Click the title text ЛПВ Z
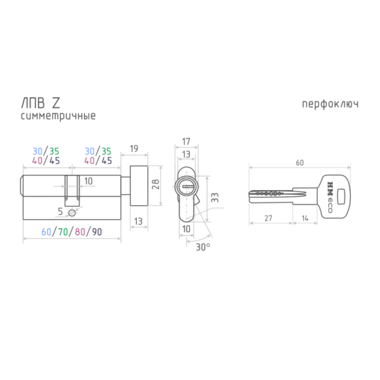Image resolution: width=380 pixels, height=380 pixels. [41, 103]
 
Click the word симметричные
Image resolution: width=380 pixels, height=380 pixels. [58, 116]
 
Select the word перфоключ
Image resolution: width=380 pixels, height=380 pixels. [330, 104]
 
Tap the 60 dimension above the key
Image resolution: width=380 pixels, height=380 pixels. [300, 162]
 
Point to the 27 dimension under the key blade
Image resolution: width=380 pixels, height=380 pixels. [268, 218]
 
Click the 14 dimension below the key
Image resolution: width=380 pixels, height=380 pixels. [305, 218]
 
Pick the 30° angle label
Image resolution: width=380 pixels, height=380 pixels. [203, 247]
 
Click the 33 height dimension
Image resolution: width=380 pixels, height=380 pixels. [215, 198]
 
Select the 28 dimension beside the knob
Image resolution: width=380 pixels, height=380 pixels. [155, 184]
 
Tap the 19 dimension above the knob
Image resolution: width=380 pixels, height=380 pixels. [134, 149]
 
